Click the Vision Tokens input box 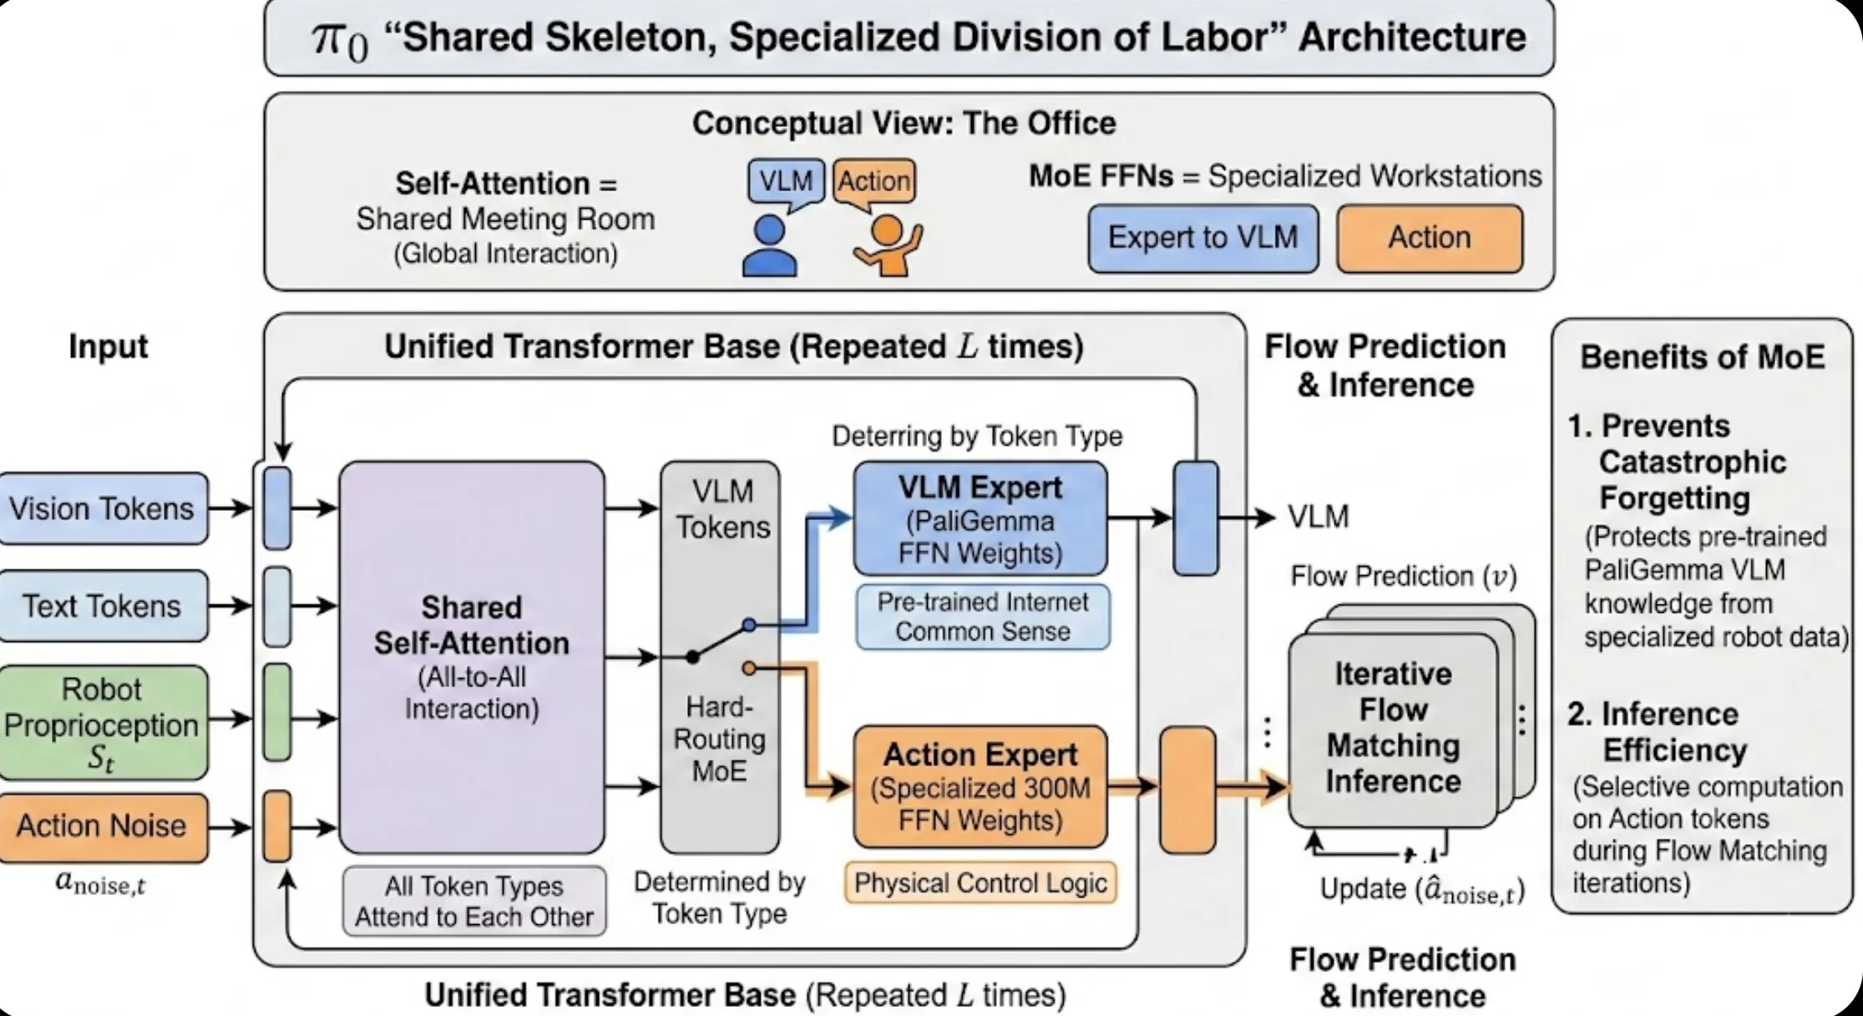point(102,508)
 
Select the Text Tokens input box point(102,606)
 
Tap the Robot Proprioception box point(102,723)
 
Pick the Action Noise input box point(102,826)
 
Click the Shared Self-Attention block point(472,657)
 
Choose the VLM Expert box point(980,519)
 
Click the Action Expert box point(980,786)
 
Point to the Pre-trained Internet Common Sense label point(983,617)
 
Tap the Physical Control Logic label point(980,883)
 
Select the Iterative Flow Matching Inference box point(1393,728)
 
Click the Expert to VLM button point(1203,239)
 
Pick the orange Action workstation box point(1430,239)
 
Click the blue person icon point(769,246)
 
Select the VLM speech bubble point(786,181)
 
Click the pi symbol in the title point(338,38)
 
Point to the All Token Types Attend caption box point(474,901)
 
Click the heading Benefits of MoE point(1702,357)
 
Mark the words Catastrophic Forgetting point(1692,480)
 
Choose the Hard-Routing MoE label point(719,739)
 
